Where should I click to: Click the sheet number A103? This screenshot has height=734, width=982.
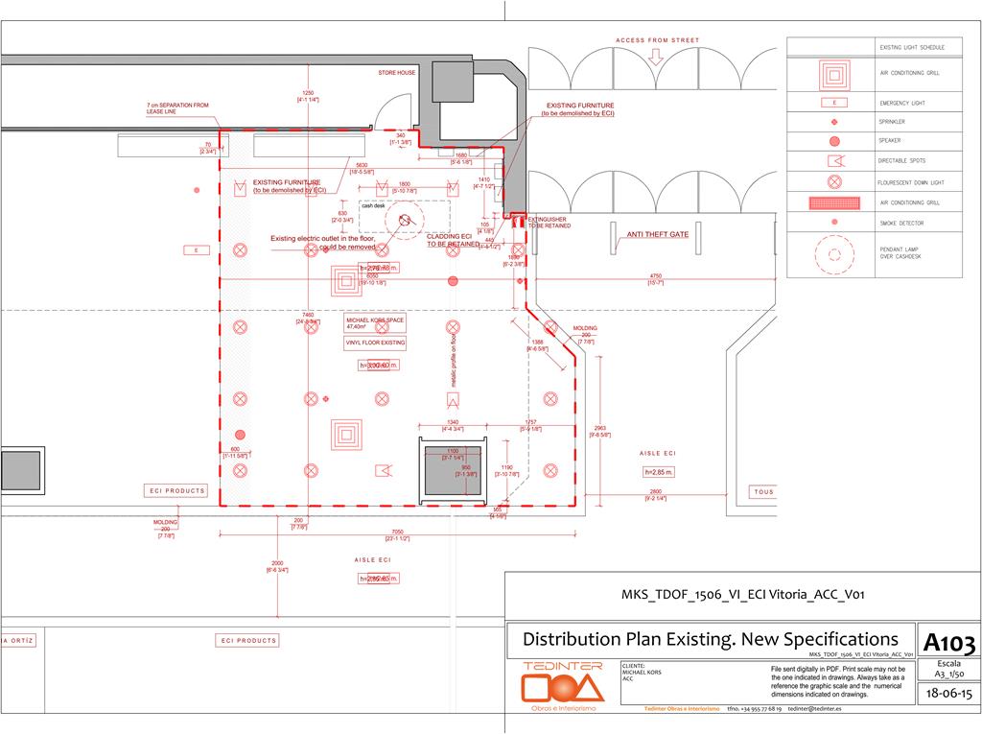tap(949, 642)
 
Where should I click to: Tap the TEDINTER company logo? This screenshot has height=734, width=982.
tap(563, 683)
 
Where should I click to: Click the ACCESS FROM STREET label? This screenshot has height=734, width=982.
tap(657, 40)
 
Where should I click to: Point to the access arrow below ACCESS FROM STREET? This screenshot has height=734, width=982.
tap(657, 56)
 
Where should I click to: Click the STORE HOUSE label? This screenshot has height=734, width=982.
tap(396, 73)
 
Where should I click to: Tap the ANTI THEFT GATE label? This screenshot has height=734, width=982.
tap(658, 234)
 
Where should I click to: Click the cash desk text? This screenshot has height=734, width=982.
tap(373, 206)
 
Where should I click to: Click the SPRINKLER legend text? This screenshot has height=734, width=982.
tap(892, 122)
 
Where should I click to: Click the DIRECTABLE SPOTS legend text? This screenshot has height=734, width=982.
tap(901, 160)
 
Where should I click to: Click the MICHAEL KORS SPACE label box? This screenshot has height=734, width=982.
tap(375, 322)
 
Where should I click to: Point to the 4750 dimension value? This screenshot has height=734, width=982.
tap(656, 276)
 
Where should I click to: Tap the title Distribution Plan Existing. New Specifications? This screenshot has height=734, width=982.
tap(711, 639)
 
